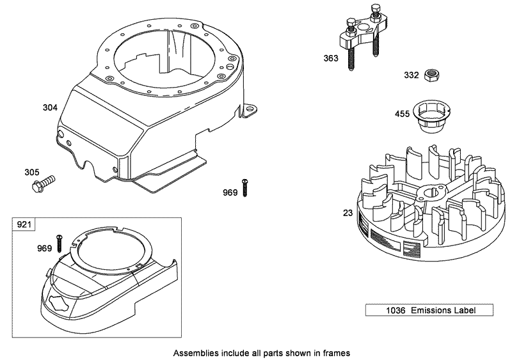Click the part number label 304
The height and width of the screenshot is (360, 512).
pyautogui.click(x=50, y=107)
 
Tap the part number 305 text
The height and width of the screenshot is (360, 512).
pyautogui.click(x=31, y=172)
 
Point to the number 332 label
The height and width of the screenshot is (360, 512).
pyautogui.click(x=412, y=75)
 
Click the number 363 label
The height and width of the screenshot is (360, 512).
pyautogui.click(x=330, y=58)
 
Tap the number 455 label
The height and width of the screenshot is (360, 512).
pyautogui.click(x=401, y=114)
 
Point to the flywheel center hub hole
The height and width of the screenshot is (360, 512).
pyautogui.click(x=428, y=192)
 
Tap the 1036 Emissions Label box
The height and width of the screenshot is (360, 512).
pyautogui.click(x=429, y=311)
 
